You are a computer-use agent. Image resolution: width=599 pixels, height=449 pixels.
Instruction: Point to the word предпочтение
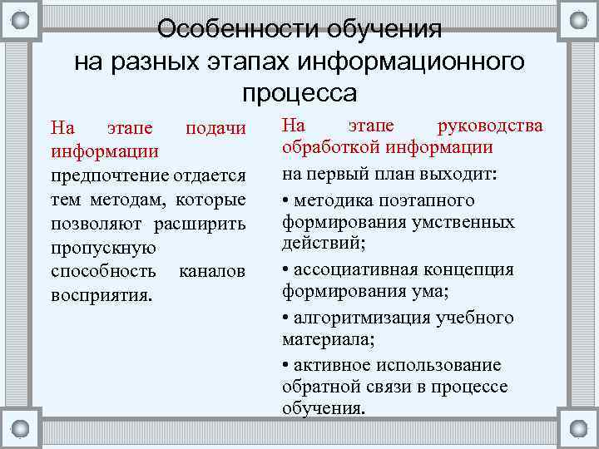(x=110, y=176)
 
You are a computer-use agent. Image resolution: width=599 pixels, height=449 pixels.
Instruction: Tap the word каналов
(x=212, y=272)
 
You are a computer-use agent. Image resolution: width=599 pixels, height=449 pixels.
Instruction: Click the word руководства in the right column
(x=490, y=126)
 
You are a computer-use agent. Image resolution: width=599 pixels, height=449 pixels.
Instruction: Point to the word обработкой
(x=328, y=148)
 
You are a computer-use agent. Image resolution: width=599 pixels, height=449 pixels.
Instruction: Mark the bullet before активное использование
(x=286, y=366)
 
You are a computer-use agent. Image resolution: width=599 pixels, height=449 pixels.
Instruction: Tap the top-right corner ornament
(x=577, y=21)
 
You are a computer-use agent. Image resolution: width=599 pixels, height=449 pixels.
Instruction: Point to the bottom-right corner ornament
(x=577, y=428)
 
